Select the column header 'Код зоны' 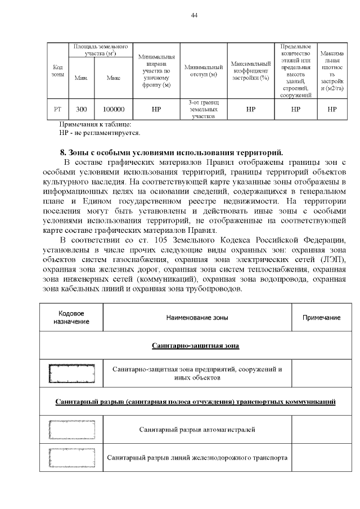(x=57, y=71)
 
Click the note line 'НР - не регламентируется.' (x=100, y=133)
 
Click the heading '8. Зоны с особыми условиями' (x=172, y=152)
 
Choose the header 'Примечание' (x=321, y=317)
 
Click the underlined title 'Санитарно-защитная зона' (x=196, y=345)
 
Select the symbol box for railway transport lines (x=71, y=457)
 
